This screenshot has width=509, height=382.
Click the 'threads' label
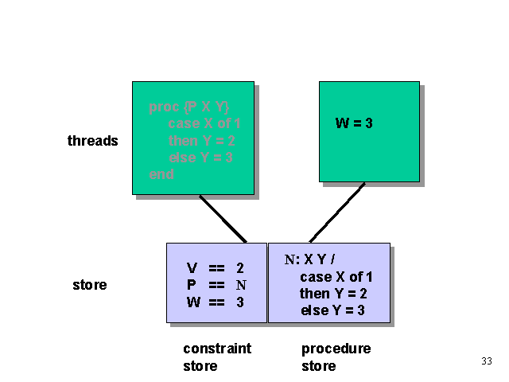pos(92,141)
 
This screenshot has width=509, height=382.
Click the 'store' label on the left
pos(89,285)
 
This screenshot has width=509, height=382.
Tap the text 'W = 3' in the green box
pos(354,123)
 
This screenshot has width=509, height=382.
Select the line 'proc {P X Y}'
pos(188,107)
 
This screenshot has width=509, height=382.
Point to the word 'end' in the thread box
pos(161,174)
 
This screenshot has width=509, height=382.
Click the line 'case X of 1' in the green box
pos(204,123)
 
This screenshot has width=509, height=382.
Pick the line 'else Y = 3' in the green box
pos(200,158)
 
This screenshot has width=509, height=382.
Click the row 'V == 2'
pos(215,269)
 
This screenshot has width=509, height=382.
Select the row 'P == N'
pos(215,286)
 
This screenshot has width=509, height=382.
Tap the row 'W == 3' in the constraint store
pos(215,302)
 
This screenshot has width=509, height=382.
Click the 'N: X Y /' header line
pos(311,259)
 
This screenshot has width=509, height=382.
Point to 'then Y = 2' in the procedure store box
pos(332,294)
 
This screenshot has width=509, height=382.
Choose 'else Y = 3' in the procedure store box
pos(332,310)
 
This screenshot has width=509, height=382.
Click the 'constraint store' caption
pos(216,357)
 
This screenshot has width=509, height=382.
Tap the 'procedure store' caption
pos(336,357)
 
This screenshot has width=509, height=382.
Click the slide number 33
pos(487,361)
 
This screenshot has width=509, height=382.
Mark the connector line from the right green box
pos(337,212)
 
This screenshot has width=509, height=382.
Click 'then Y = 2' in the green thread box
pos(200,141)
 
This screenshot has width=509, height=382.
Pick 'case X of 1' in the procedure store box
pos(336,277)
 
